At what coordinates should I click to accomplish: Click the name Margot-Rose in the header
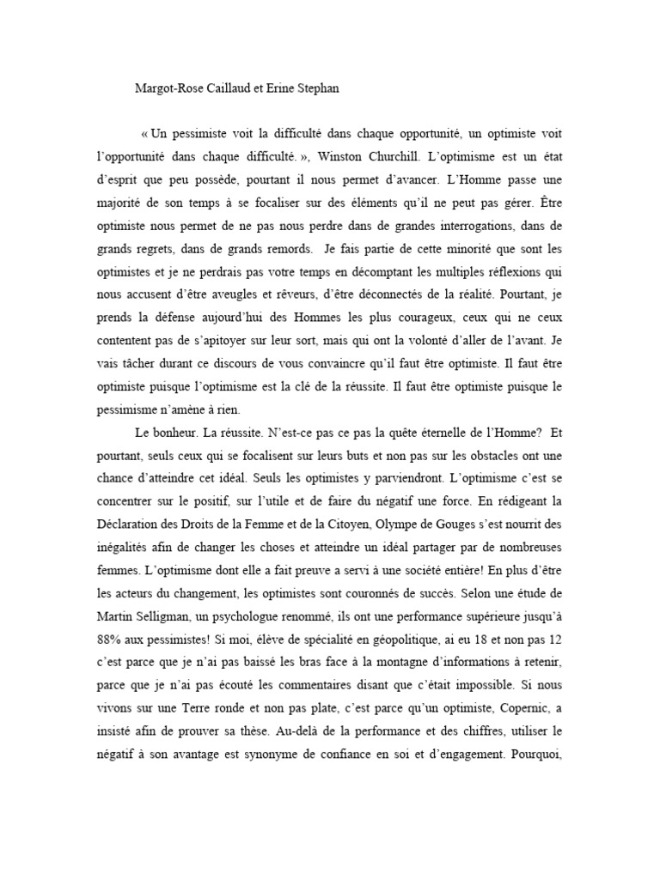168,88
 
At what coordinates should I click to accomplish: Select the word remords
290,248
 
